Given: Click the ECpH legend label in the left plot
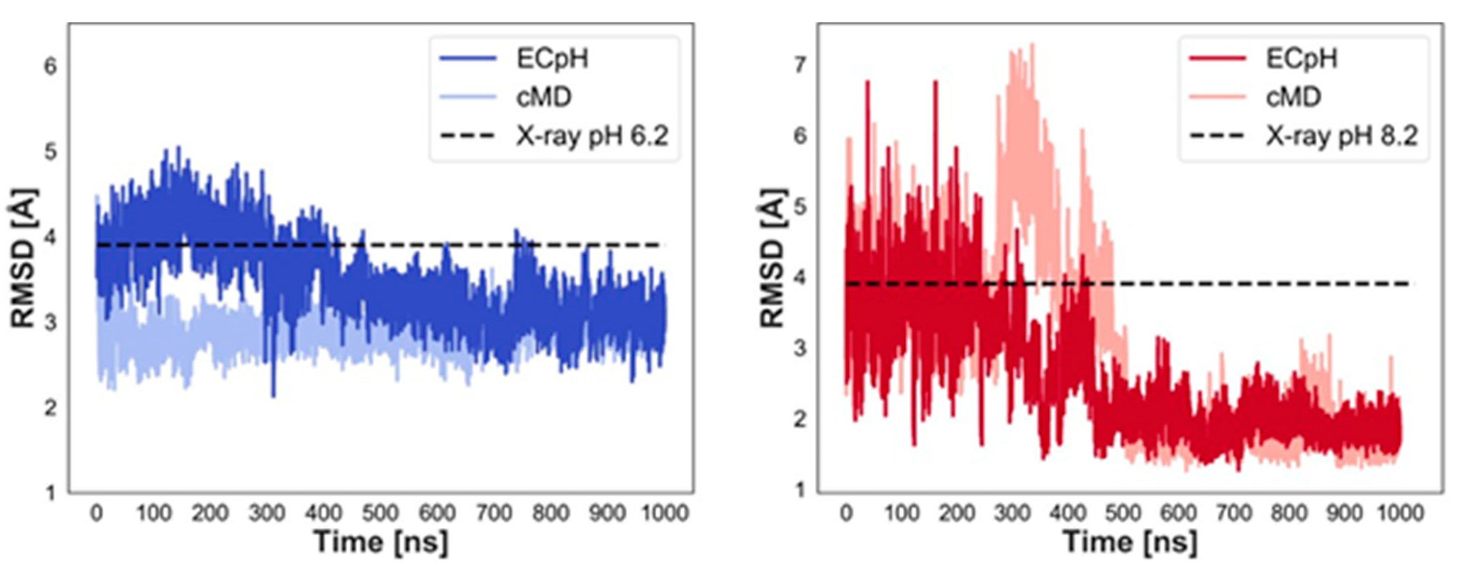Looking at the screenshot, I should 551,58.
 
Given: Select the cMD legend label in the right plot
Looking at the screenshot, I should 1293,97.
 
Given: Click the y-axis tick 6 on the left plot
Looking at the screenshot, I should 51,67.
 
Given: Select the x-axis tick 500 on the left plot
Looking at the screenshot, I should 380,513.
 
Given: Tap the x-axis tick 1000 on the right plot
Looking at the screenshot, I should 1400,513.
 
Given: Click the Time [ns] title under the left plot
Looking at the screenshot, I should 380,542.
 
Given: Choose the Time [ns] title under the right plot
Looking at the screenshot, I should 1130,542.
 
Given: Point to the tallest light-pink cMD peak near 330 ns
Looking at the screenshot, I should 1032,45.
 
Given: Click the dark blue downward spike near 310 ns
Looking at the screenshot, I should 274,394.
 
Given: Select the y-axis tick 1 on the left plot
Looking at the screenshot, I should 51,493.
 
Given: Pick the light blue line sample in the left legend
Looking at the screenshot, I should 468,97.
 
